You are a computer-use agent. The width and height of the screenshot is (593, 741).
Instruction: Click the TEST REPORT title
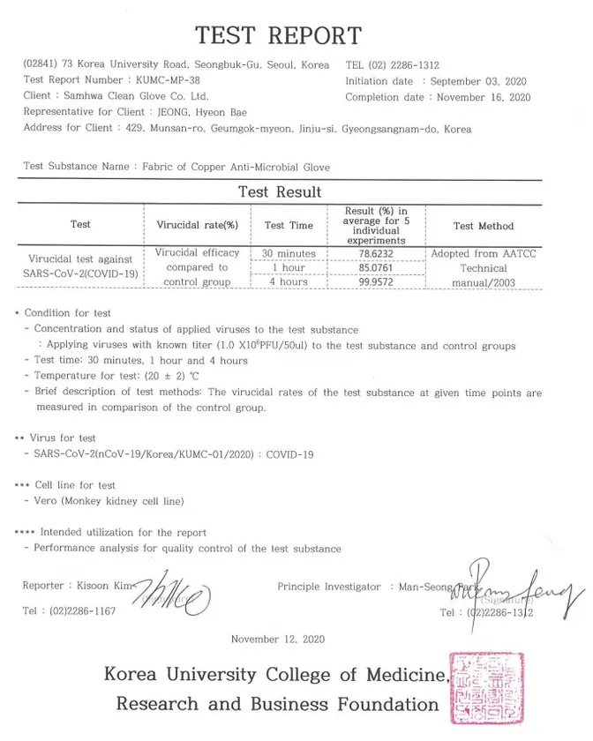click(x=278, y=35)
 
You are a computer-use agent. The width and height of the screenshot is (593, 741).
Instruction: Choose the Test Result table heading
click(x=280, y=192)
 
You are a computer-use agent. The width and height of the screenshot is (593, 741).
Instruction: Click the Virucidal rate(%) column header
click(x=197, y=226)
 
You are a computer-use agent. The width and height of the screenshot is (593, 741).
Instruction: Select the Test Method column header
click(x=483, y=226)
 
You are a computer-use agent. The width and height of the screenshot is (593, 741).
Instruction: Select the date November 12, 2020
click(x=278, y=639)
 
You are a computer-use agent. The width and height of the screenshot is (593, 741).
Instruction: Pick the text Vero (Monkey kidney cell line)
click(x=109, y=501)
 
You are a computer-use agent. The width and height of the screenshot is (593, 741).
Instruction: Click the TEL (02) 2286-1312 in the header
click(x=393, y=65)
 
